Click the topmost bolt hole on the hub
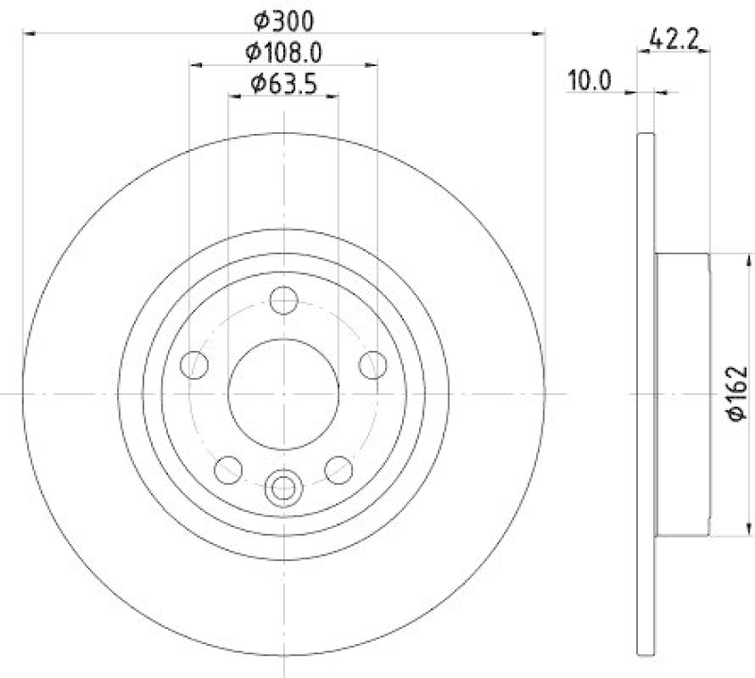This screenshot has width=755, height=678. pyautogui.click(x=283, y=301)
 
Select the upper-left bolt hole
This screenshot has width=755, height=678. pyautogui.click(x=195, y=364)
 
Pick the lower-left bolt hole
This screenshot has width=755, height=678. pyautogui.click(x=228, y=467)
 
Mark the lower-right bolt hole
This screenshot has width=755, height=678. pyautogui.click(x=338, y=467)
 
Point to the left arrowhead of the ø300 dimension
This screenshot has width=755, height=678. pyautogui.click(x=28, y=34)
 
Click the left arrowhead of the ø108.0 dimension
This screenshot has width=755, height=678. pyautogui.click(x=195, y=66)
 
